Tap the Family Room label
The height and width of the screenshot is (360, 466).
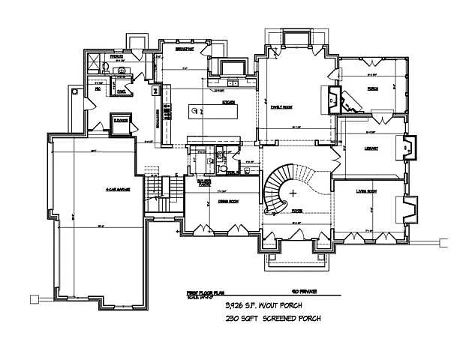pos(282,107)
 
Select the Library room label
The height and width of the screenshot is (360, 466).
pos(370,148)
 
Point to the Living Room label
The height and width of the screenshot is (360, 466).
pos(366,192)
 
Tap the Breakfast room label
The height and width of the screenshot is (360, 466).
pos(185,50)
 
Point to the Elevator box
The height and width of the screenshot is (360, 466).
pos(120,122)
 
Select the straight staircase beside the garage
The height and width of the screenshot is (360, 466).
pos(156,192)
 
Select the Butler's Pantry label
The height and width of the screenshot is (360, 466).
pos(203,182)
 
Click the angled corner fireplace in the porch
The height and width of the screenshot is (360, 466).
pos(334,98)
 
